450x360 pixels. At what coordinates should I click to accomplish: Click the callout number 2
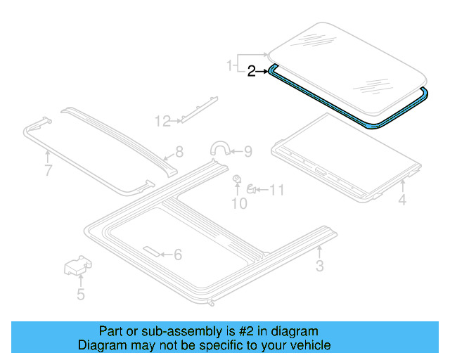coord(252,70)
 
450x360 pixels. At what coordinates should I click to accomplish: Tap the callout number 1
coord(229,65)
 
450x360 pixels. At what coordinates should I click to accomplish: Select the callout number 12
coord(162,122)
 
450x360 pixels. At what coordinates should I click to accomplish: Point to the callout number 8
coord(179,151)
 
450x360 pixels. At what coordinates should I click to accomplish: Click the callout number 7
coord(48,171)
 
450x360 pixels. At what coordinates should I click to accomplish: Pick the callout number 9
coord(247,150)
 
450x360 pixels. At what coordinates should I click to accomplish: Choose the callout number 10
coord(239,203)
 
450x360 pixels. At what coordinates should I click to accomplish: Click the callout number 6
coord(177,255)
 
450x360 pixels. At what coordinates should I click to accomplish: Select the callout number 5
coord(81,294)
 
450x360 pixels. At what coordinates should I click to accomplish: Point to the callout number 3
coord(319,266)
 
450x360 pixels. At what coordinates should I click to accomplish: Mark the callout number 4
coord(402,201)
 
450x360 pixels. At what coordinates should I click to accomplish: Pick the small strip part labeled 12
coord(199,108)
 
